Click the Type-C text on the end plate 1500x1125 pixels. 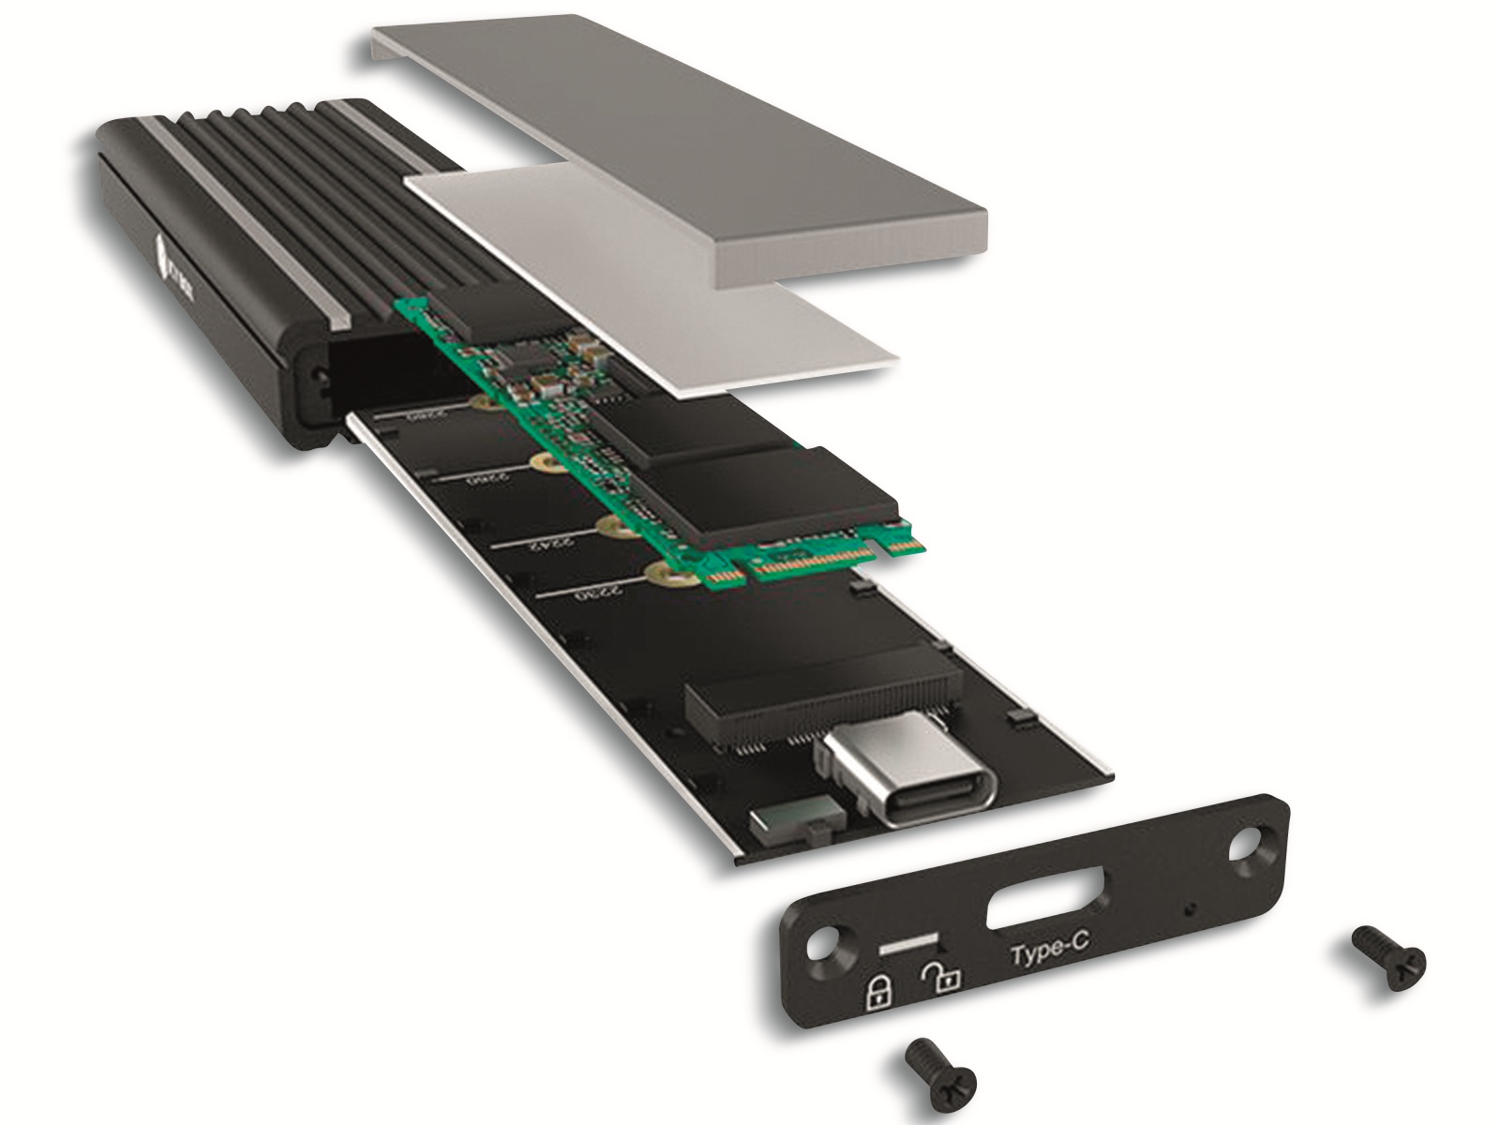pos(1049,952)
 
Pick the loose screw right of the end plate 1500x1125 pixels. pos(1389,958)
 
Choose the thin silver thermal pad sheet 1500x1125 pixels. pos(656,281)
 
